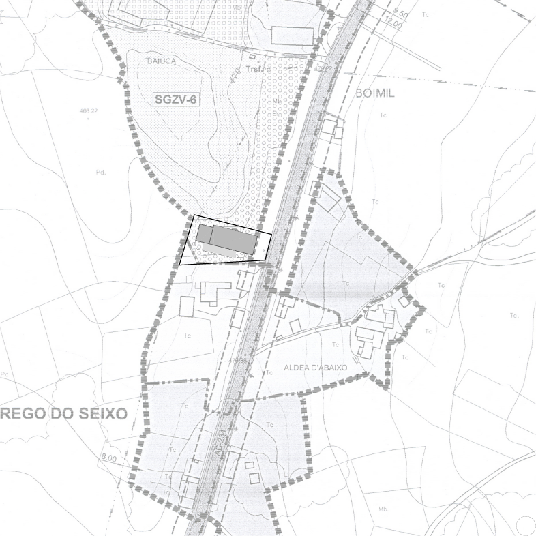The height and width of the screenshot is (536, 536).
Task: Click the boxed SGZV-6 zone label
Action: pos(175,100)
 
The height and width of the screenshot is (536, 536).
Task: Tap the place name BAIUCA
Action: pos(160,61)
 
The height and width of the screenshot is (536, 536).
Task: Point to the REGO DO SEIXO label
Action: pos(64,413)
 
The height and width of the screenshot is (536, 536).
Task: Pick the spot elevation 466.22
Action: pos(89,112)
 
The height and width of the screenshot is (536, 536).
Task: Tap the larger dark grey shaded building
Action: pos(233,239)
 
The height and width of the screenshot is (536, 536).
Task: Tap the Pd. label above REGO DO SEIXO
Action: pos(6,374)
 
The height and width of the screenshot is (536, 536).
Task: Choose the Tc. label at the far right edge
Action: pos(513,316)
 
